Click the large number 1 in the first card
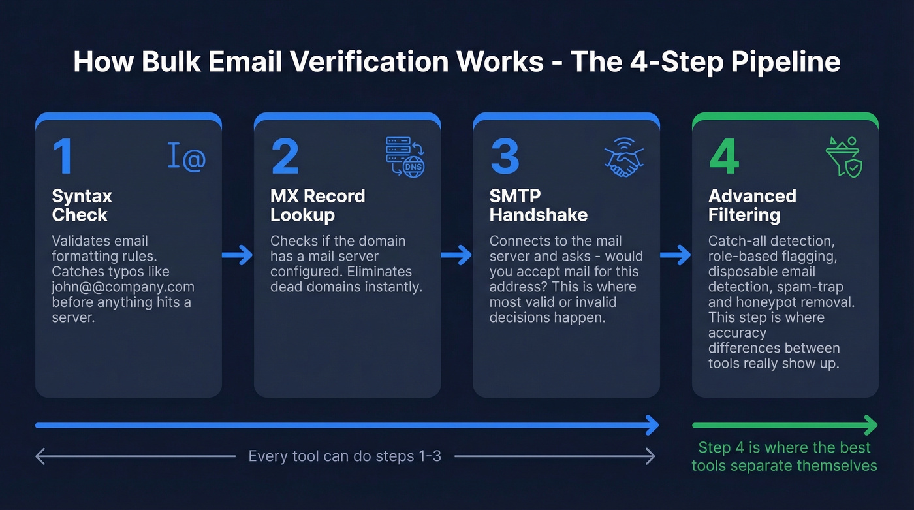point(63,157)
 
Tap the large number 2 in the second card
point(285,157)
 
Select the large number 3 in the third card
point(505,157)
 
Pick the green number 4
point(724,157)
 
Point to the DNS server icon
point(405,157)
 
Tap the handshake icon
point(623,157)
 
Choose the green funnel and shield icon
point(844,157)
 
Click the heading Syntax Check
point(82,205)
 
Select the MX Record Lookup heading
point(317,205)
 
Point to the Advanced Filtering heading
point(752,205)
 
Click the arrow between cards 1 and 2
point(238,255)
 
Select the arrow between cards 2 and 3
point(456,255)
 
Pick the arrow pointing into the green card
point(676,255)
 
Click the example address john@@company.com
point(123,287)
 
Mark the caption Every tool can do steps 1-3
point(345,456)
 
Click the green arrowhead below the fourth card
point(871,426)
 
